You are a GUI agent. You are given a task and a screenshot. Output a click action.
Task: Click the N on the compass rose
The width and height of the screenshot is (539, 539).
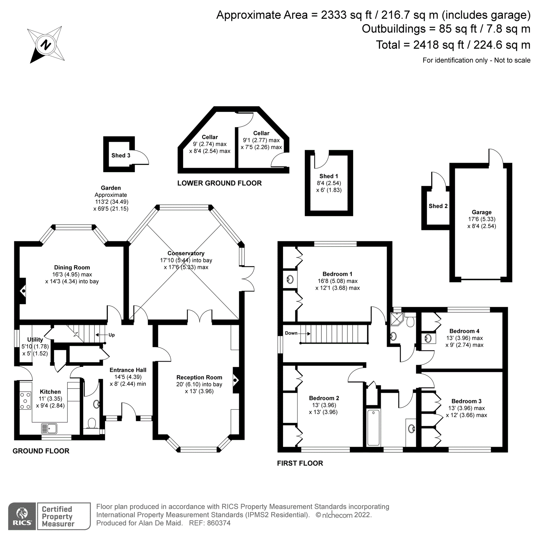click(x=46, y=45)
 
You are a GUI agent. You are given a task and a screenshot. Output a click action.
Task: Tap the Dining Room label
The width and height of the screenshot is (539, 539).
click(x=72, y=267)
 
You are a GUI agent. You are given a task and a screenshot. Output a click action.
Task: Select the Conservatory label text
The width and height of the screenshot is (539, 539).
click(x=186, y=253)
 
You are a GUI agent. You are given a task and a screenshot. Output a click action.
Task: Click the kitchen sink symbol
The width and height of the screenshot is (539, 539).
click(x=49, y=429)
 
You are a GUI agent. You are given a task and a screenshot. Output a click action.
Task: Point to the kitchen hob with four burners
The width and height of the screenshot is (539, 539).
click(x=25, y=400)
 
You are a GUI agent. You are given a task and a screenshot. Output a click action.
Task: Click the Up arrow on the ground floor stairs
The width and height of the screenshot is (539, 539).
click(x=101, y=335)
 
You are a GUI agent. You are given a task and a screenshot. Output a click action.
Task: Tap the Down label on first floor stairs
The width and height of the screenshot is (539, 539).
click(x=291, y=333)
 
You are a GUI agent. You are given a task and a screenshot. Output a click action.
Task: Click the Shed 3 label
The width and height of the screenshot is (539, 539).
click(x=121, y=155)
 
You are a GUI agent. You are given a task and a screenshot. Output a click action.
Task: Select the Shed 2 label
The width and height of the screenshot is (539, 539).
click(x=438, y=206)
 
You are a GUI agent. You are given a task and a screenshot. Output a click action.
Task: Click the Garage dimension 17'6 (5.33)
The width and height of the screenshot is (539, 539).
click(x=482, y=219)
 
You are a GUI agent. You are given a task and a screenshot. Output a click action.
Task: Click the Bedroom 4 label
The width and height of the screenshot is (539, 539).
click(x=464, y=331)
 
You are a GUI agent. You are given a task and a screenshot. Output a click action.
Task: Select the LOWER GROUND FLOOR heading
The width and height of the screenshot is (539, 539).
click(x=219, y=183)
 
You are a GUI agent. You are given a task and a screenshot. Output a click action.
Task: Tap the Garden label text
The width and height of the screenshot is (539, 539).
click(x=111, y=188)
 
